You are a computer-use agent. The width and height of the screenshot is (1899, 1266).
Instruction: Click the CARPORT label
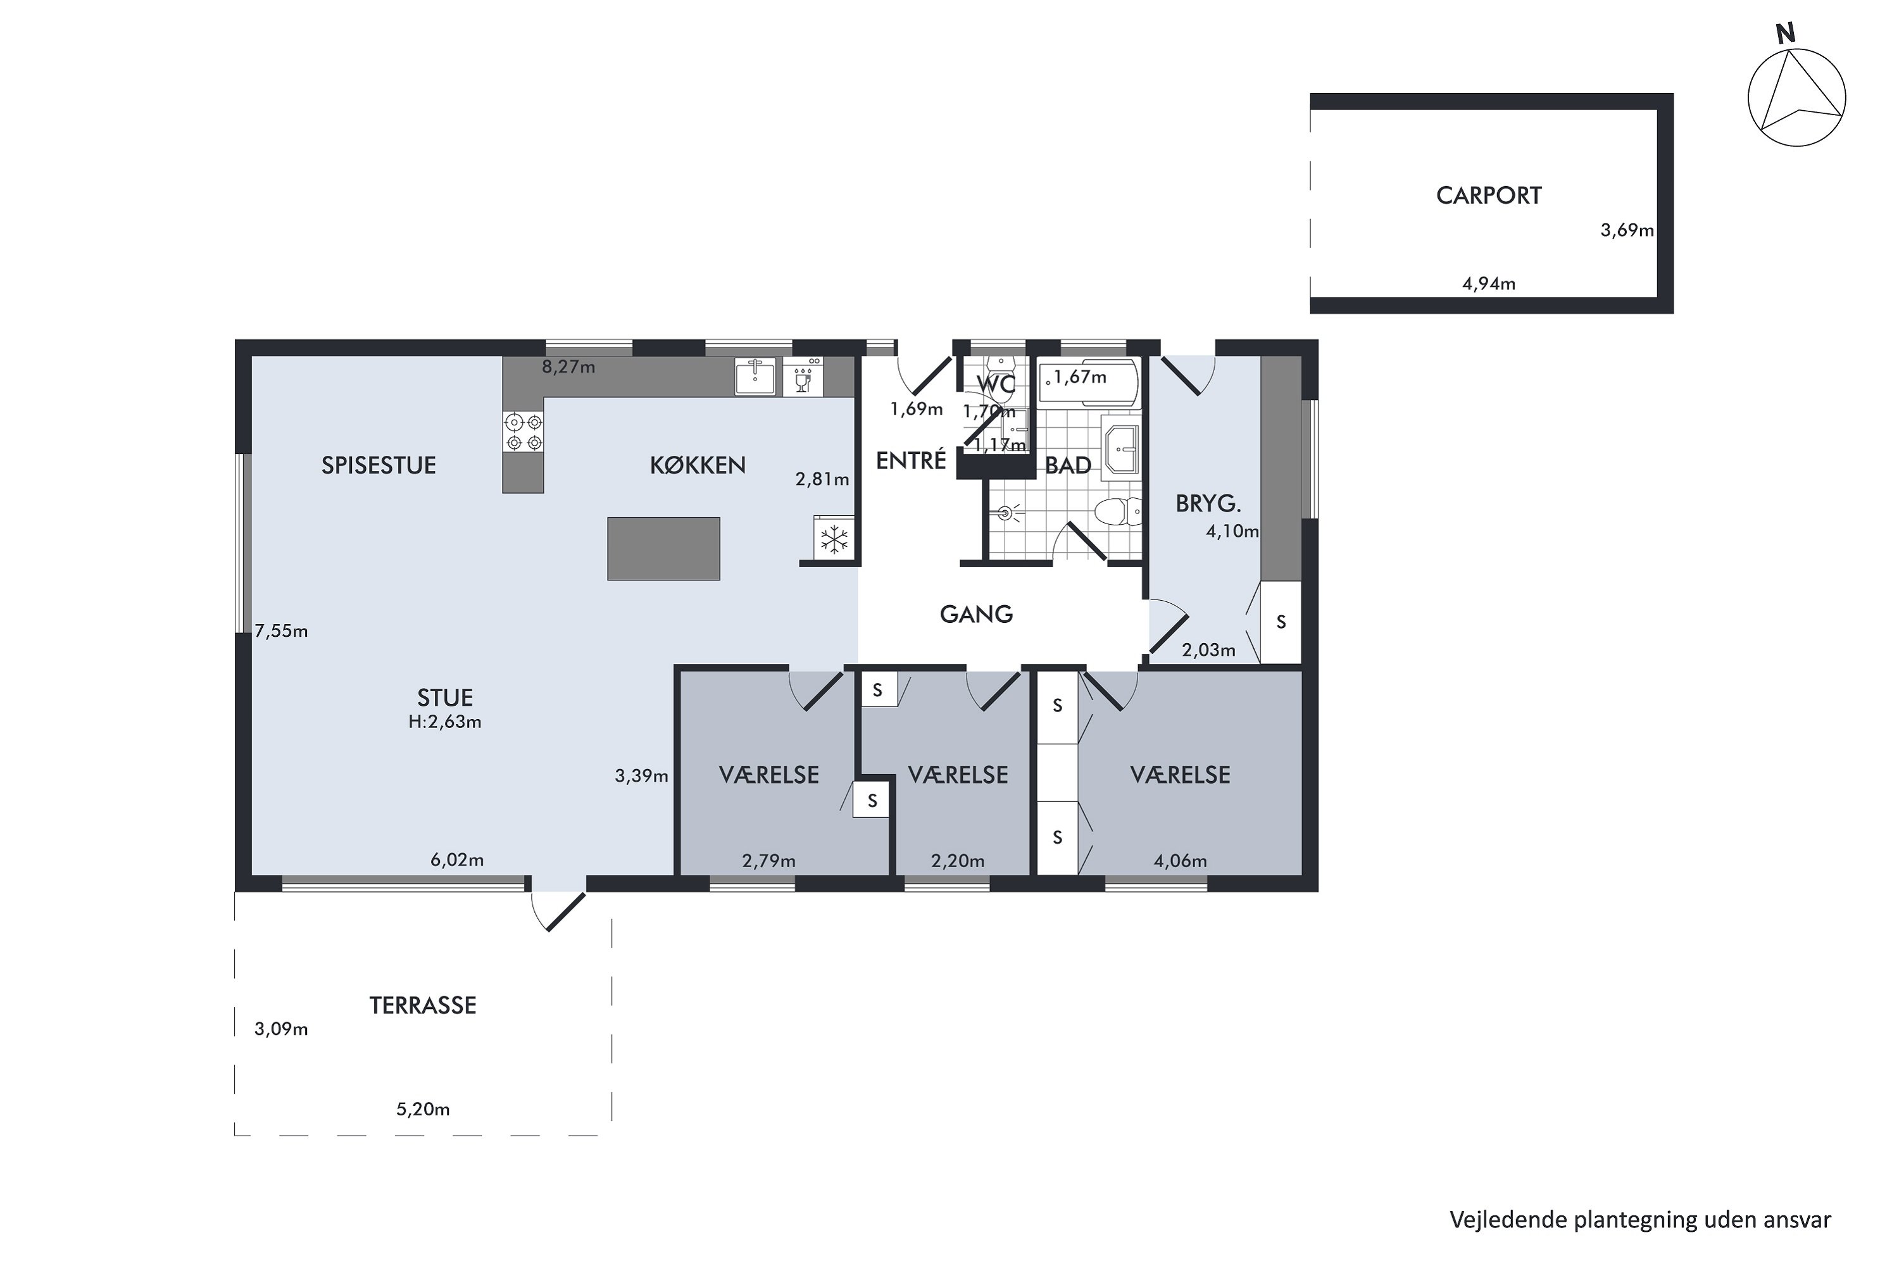click(1488, 196)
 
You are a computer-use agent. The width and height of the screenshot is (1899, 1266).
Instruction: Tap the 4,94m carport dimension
click(1488, 284)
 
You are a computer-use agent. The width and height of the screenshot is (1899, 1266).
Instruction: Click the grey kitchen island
click(663, 548)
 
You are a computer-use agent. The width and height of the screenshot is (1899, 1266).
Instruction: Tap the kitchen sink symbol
click(755, 376)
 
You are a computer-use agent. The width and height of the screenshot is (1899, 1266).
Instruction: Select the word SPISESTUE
click(379, 465)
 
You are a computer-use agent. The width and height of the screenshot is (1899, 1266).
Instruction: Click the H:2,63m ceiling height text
click(445, 722)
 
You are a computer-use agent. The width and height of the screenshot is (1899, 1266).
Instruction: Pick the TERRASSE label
click(423, 1005)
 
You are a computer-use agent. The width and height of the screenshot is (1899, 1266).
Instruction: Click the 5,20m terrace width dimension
click(423, 1110)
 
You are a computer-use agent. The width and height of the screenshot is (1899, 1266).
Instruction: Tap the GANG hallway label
click(976, 615)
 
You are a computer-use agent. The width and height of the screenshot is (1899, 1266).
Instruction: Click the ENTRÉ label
click(911, 460)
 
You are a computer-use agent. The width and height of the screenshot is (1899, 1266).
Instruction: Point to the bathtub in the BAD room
click(1088, 380)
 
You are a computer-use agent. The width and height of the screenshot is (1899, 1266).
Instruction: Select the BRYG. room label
click(1208, 504)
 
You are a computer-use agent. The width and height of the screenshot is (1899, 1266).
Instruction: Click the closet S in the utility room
click(1281, 622)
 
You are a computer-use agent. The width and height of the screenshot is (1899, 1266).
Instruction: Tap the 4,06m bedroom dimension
click(1180, 861)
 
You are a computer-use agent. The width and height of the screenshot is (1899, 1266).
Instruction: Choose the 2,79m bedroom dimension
click(768, 861)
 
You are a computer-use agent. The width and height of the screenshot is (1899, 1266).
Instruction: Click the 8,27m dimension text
click(568, 367)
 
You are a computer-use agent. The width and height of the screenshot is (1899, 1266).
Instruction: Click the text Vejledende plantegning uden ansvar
click(1640, 1219)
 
